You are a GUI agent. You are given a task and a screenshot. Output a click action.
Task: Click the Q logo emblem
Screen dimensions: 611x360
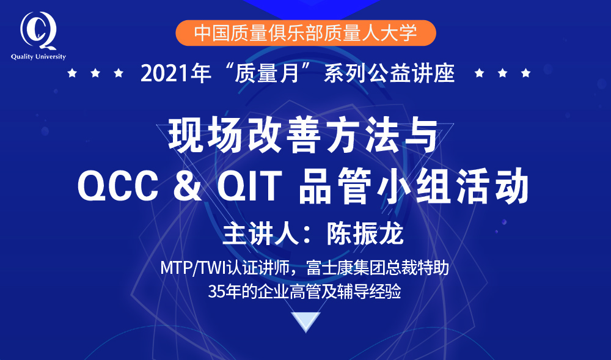[38, 31]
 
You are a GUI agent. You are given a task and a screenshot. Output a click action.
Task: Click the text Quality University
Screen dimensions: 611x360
[38, 57]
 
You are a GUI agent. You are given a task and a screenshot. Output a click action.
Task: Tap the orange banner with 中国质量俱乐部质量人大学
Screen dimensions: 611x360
[305, 33]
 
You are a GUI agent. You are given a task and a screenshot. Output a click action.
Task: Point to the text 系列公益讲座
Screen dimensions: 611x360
[389, 73]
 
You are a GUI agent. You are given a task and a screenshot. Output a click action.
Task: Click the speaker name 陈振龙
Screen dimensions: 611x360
[365, 233]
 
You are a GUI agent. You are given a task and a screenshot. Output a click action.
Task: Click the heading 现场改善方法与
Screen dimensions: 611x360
[304, 135]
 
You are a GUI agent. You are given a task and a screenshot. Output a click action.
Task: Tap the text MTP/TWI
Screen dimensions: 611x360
[189, 268]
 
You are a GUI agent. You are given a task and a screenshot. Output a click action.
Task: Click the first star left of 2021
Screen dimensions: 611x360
[72, 73]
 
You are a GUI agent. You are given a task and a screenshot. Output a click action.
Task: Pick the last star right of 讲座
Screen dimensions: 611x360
[525, 73]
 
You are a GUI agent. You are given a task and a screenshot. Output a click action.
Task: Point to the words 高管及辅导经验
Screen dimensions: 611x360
[345, 292]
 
